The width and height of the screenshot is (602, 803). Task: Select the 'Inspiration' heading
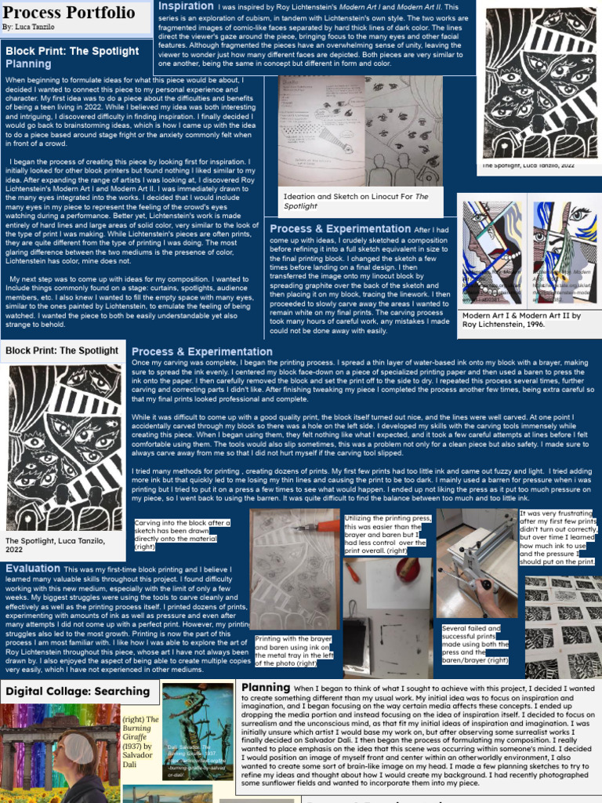[186, 6]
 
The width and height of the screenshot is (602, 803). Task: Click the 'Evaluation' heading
[32, 569]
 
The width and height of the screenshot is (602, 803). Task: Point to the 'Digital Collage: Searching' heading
[77, 691]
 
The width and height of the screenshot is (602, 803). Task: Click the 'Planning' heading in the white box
[266, 688]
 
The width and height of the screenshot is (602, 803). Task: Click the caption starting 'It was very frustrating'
[559, 537]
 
